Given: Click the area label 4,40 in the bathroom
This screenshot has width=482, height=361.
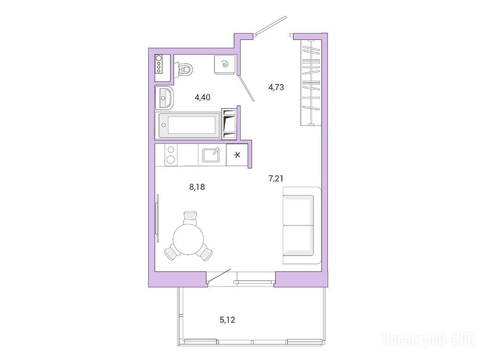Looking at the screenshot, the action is point(202,98).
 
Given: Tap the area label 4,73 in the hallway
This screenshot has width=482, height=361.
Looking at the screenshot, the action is point(276,87).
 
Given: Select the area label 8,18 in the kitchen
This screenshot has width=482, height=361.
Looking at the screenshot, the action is point(197,187).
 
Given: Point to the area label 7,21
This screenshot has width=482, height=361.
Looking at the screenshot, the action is point(276,178).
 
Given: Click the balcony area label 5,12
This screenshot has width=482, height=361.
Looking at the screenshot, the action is point(227,320).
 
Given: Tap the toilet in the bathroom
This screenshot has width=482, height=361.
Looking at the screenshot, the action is point(184,69).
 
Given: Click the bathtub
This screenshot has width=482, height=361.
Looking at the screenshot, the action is point(188,125).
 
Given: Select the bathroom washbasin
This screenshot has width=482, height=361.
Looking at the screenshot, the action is point(164,98).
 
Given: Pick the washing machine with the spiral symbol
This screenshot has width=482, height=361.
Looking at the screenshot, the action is point(225,64).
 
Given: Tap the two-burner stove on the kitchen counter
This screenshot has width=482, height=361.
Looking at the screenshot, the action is point(171,155).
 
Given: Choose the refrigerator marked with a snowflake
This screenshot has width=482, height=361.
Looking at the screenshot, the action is point(237,155).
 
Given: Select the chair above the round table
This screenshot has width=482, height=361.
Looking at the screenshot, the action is point(189,217).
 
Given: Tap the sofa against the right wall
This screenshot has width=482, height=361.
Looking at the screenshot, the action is point(302,225).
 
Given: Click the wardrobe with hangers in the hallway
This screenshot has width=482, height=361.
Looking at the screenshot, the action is point(311,83).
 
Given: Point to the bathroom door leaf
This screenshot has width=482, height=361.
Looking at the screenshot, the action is point(246,88).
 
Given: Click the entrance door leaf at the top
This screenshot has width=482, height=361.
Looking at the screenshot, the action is point(271,25).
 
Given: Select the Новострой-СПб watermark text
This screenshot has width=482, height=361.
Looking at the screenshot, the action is point(429,340).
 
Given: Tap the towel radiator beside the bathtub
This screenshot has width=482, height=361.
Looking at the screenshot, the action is point(229,123).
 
